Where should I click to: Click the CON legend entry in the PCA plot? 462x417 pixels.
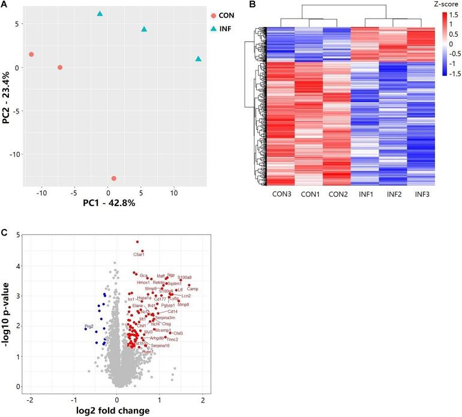pos(225,16)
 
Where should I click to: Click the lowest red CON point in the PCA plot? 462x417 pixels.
pos(114,178)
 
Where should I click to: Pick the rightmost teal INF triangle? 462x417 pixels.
pos(199,59)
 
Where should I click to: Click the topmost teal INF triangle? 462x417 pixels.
pos(100,13)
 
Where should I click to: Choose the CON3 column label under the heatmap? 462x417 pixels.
pos(281,195)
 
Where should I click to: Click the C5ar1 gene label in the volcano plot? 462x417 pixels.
pos(139,255)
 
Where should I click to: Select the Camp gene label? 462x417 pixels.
pos(193,289)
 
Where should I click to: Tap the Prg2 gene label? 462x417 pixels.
pos(89,327)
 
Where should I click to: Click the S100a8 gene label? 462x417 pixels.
pos(184,277)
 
